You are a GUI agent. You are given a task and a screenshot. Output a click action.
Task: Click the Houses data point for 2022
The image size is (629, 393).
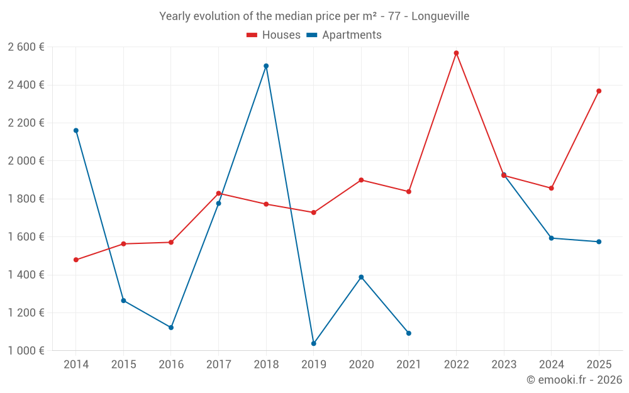coord(456,53)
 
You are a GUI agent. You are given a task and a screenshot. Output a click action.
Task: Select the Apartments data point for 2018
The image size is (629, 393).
coord(266,66)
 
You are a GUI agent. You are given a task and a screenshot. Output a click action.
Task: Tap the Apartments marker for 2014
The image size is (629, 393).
coord(76,131)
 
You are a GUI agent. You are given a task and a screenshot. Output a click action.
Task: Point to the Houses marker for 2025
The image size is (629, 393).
coord(599,91)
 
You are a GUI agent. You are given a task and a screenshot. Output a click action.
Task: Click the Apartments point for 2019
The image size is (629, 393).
coord(313,343)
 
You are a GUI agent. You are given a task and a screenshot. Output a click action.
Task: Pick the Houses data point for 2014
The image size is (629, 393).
coord(76,260)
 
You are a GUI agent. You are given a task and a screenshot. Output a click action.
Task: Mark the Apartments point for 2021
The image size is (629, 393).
coord(409,333)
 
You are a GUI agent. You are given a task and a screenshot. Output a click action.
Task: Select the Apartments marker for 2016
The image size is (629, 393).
coord(171,328)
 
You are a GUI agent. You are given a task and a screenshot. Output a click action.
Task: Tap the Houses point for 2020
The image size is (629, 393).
coord(361,180)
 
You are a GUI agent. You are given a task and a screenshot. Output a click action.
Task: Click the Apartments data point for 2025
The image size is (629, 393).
coord(599,242)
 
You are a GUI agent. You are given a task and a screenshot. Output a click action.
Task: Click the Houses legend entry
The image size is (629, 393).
coord(274,35)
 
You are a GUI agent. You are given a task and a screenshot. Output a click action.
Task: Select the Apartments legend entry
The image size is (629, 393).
coord(345,35)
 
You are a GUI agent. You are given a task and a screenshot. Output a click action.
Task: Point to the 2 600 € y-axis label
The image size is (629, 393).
coord(26,47)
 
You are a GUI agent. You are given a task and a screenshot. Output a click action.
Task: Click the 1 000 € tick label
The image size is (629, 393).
coord(26,351)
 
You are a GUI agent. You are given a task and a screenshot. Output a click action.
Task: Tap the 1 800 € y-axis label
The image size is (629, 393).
coord(26,199)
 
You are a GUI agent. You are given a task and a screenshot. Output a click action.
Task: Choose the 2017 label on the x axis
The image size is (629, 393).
coord(218,365)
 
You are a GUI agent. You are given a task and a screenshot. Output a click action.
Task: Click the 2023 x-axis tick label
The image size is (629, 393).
coord(504,365)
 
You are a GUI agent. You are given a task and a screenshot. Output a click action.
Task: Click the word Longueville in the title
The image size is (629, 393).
coord(441,16)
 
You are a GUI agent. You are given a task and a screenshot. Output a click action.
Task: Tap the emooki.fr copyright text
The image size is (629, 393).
coord(574,380)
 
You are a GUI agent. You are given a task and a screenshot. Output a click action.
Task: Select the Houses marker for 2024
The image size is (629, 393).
coord(552,188)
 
